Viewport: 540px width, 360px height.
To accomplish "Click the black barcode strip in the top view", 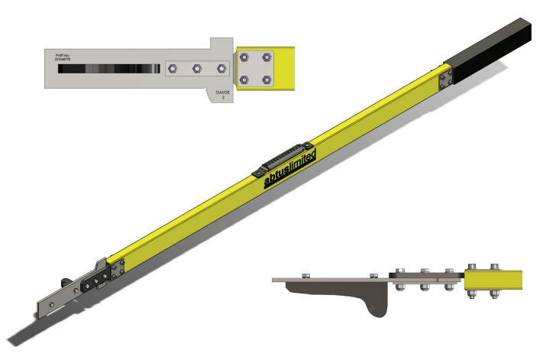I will pyautogui.click(x=108, y=69).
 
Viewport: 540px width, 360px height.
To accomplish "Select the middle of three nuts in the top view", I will pyautogui.click(x=197, y=69).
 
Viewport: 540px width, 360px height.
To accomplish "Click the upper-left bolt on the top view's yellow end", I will pyautogui.click(x=245, y=57).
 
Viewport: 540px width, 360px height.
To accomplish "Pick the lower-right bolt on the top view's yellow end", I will pyautogui.click(x=266, y=79).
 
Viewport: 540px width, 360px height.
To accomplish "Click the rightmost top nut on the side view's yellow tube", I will pyautogui.click(x=495, y=267).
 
